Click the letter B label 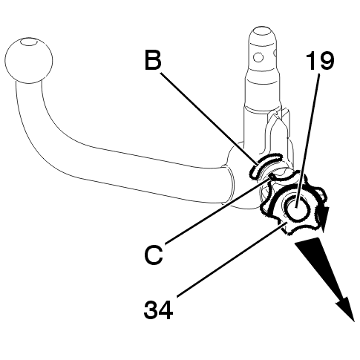coord(153,60)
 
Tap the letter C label coord(154,255)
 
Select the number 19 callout coord(320,61)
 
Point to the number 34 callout coord(158,310)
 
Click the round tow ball coord(28,60)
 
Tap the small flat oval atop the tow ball coord(29,42)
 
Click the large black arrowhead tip coord(354,321)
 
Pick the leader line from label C coord(217,212)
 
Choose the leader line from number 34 coord(232,259)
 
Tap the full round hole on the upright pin coord(258,58)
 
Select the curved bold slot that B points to coord(265,165)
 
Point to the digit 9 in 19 coord(326,61)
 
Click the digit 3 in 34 coord(151,310)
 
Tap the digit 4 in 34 coord(166,310)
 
